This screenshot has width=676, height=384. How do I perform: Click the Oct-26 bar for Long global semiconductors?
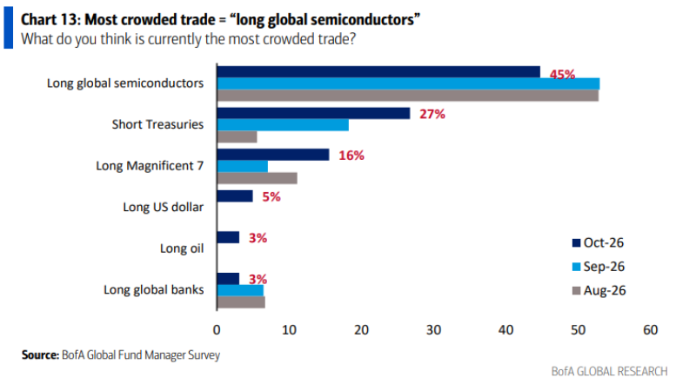coord(378,72)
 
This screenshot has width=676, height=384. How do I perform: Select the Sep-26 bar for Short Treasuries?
coord(283,125)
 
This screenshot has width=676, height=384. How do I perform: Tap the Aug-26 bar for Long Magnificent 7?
coord(257,178)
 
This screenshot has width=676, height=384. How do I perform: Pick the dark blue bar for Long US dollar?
coord(235,196)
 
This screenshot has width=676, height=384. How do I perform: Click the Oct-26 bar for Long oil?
coord(228,237)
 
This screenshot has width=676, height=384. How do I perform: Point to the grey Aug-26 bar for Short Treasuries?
coord(238,137)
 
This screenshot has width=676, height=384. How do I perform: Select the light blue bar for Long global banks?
coord(240,290)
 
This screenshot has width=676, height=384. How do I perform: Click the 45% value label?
coord(562,75)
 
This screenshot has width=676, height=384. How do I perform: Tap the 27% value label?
coord(432,114)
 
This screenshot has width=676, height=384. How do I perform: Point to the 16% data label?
coord(351,156)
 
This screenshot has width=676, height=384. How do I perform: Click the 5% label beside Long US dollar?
coord(271,196)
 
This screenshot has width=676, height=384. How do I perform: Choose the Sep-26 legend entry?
coord(599,267)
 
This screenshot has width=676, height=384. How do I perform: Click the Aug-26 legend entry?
coord(599,290)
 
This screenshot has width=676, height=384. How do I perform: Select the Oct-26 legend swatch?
coord(577,242)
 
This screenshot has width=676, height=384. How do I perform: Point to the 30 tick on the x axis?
coord(433,330)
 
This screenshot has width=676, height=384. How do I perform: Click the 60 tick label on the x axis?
coord(650,330)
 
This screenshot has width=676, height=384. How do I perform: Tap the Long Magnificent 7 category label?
coord(150,166)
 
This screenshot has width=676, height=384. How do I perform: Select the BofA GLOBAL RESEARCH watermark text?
coord(609,372)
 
